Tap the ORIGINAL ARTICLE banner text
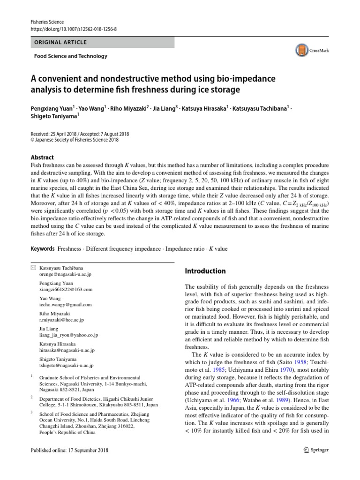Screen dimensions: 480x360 (x=60, y=42)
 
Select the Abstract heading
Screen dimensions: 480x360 (x=42, y=157)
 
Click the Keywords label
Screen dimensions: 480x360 (x=43, y=248)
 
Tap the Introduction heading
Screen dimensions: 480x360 (x=205, y=271)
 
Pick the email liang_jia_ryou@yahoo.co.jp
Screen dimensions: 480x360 (x=68, y=335)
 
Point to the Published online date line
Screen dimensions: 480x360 (x=69, y=450)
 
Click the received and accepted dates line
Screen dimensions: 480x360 (x=82, y=133)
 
